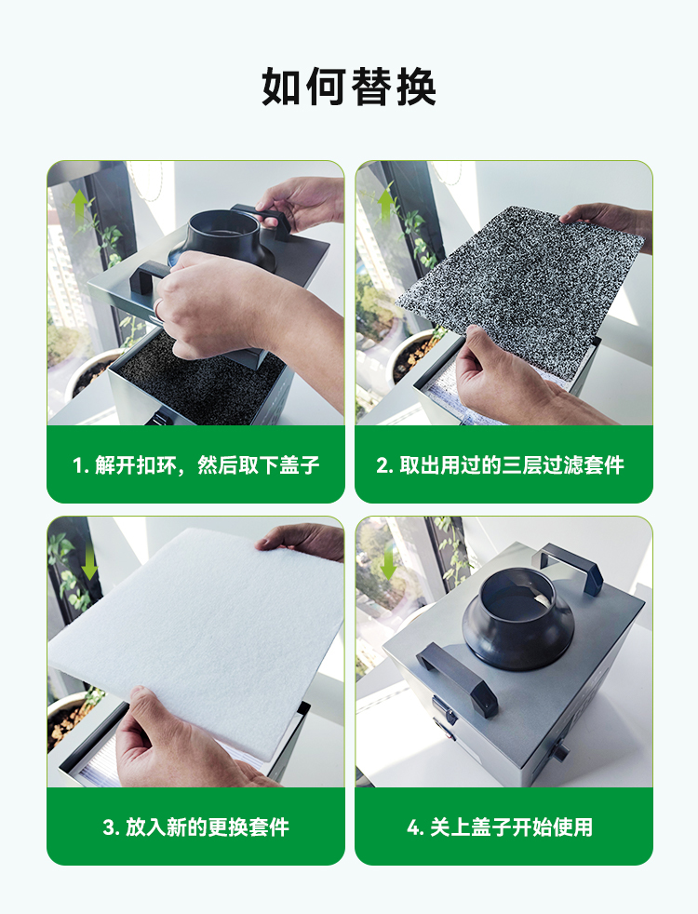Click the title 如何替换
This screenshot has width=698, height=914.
348,87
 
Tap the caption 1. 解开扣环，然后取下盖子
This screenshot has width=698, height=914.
195,465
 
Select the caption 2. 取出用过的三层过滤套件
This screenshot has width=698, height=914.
500,465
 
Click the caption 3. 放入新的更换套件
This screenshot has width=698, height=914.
195,827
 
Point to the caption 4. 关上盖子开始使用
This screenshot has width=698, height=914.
500,827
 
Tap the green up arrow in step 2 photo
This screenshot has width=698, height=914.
385,204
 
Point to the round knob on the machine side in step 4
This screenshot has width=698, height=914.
560,751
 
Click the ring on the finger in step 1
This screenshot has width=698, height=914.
159,308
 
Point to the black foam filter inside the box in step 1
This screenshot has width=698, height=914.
198,379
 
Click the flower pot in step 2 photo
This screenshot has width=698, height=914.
413,355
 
